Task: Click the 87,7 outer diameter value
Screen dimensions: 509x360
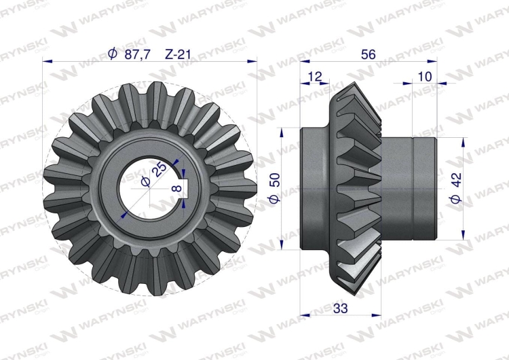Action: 138,54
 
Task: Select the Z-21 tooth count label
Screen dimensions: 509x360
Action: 178,54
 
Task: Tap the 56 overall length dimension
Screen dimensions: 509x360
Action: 368,54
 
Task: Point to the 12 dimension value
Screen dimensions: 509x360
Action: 314,77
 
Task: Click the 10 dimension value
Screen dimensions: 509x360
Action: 425,77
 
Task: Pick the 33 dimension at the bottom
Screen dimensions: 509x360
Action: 340,308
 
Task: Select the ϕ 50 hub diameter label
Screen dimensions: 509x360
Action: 275,188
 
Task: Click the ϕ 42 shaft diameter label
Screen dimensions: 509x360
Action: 456,188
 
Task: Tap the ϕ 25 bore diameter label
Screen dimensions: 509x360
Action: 153,175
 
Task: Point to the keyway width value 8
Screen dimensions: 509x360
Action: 177,188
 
